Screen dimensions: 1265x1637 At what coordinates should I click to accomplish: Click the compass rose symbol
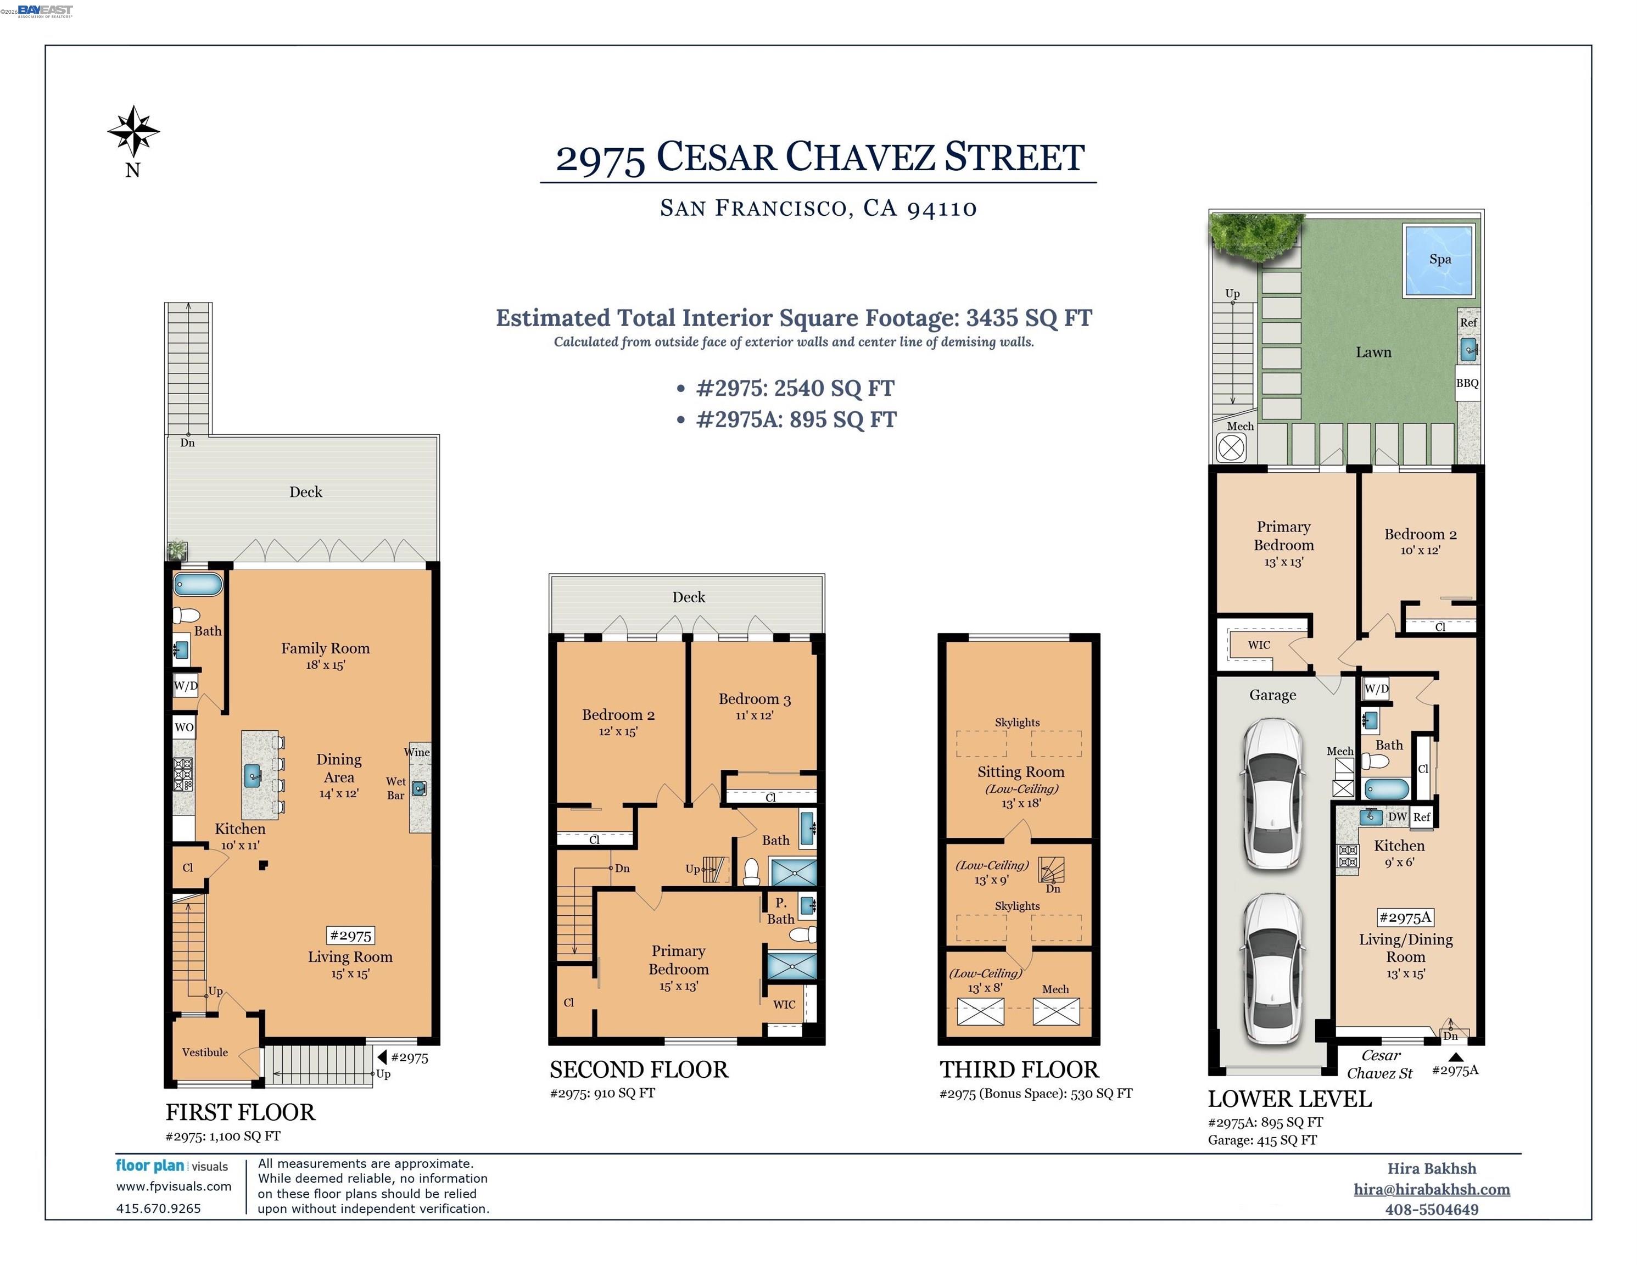click(x=133, y=132)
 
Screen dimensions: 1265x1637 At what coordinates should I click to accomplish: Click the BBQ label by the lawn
click(x=1467, y=383)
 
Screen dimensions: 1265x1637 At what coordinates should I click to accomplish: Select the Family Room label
click(x=325, y=648)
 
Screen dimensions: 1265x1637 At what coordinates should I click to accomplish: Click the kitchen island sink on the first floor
click(x=253, y=776)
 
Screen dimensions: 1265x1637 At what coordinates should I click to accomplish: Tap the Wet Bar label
click(x=396, y=788)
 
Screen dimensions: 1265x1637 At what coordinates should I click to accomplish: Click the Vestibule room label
click(x=205, y=1052)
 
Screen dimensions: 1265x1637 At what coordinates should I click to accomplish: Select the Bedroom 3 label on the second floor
click(x=754, y=699)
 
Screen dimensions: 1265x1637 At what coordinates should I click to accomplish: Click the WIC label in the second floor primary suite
click(x=784, y=1004)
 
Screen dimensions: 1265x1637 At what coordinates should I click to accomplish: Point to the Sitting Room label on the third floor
click(x=1020, y=772)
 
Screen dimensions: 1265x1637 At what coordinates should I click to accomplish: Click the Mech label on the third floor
click(x=1055, y=989)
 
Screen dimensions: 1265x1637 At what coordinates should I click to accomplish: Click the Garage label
click(x=1272, y=695)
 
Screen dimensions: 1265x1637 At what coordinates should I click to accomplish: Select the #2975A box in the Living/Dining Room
click(x=1405, y=917)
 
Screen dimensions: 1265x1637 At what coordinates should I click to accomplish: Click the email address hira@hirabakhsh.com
click(x=1431, y=1189)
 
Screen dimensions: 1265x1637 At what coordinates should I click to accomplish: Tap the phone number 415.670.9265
click(x=158, y=1208)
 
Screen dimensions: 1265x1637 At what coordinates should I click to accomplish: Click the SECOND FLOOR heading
click(x=639, y=1070)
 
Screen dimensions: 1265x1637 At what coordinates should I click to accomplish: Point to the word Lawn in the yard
click(x=1373, y=352)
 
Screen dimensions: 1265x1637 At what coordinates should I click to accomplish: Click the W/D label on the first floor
click(x=186, y=686)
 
